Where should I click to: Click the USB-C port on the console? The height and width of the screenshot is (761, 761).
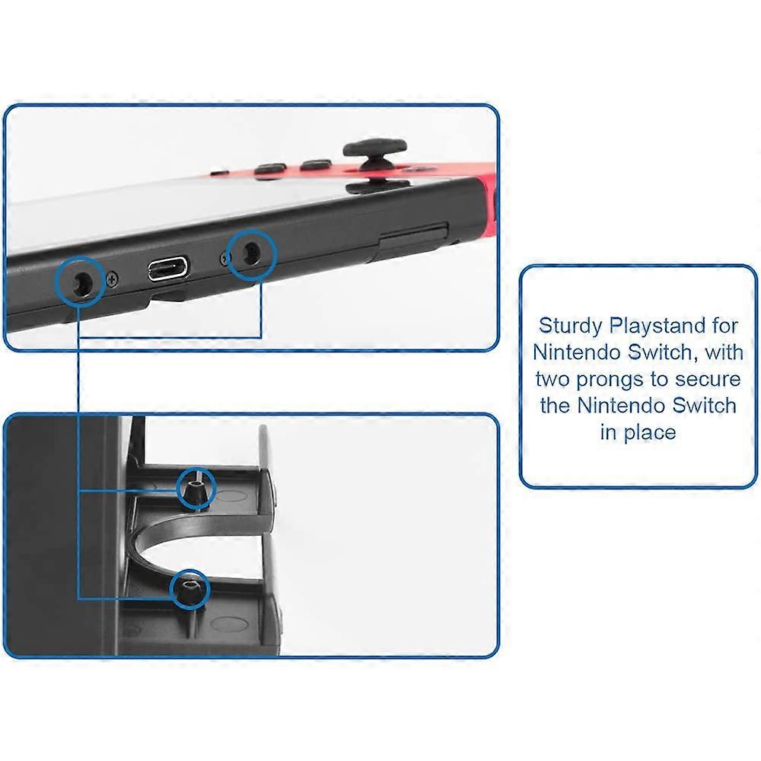click(x=168, y=269)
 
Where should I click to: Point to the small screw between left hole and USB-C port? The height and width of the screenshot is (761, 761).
click(x=112, y=279)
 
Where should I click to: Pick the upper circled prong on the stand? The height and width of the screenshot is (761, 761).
click(x=195, y=489)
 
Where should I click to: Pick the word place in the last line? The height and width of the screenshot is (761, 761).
click(x=649, y=432)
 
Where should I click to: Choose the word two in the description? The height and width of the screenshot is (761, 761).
click(x=555, y=378)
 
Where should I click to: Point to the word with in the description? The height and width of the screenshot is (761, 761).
click(x=721, y=352)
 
